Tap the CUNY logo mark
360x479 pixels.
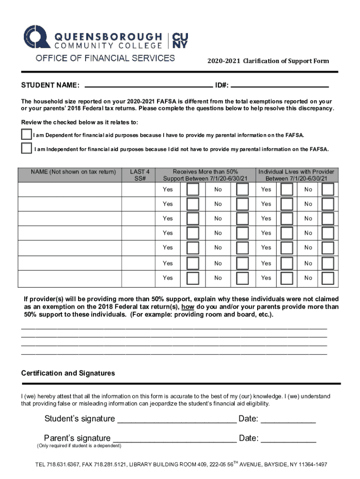[x=180, y=41]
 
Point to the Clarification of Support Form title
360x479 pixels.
[x=268, y=61]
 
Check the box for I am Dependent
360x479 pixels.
[x=27, y=134]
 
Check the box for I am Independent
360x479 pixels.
[x=27, y=148]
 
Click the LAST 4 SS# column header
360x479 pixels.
[x=140, y=175]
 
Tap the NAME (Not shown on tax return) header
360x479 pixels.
[x=70, y=172]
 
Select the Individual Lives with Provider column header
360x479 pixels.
[x=296, y=175]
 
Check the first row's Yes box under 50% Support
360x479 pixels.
[x=193, y=189]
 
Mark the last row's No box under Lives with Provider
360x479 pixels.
[x=328, y=278]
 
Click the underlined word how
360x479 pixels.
[x=188, y=307]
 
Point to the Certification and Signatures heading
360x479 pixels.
[x=68, y=373]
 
